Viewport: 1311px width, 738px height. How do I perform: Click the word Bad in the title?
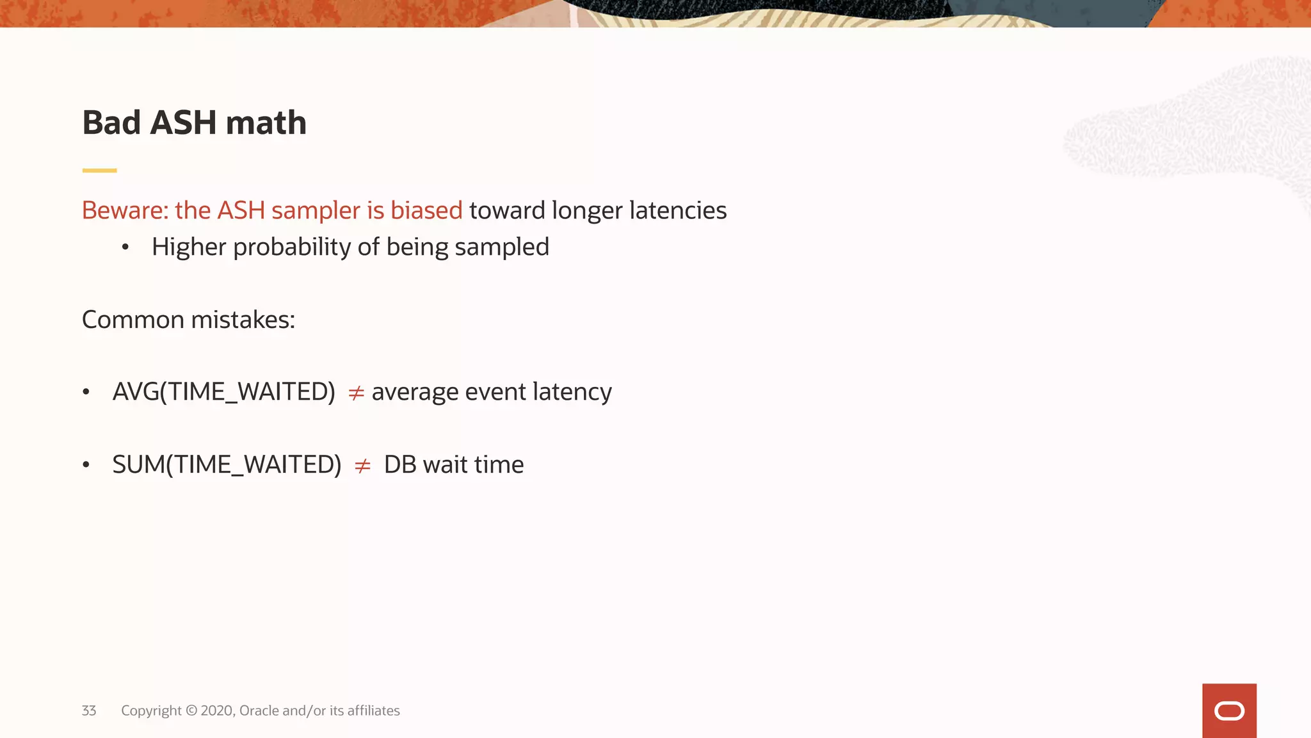click(x=111, y=122)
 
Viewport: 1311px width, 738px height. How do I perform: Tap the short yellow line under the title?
click(x=99, y=170)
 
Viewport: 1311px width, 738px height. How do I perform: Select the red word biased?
click(x=426, y=210)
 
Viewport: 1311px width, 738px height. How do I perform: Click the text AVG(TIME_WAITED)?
click(x=223, y=391)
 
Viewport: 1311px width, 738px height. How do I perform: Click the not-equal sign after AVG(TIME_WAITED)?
click(x=356, y=393)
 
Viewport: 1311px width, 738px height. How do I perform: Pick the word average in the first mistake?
click(x=414, y=393)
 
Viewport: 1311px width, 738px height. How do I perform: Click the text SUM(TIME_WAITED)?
click(x=227, y=464)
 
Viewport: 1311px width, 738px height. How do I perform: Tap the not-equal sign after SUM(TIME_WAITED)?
click(x=362, y=466)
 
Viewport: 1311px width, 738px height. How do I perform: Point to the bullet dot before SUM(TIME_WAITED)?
click(x=86, y=464)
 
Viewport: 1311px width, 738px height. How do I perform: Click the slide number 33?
click(x=89, y=710)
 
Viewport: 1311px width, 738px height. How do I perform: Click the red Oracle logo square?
click(x=1229, y=710)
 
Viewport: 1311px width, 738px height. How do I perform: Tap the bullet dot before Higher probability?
click(x=125, y=247)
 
